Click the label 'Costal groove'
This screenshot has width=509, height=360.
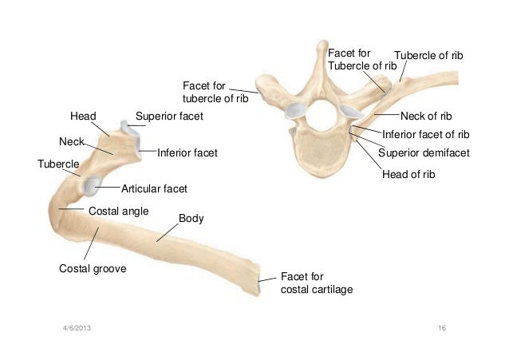[93, 269]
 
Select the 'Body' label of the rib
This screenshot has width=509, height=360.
[189, 218]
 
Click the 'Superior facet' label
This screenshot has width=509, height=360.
[169, 117]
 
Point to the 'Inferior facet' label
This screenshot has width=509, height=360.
[187, 152]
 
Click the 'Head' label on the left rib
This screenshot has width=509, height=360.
[83, 117]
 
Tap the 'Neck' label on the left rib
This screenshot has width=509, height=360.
[72, 141]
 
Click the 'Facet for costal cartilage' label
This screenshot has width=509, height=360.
[315, 283]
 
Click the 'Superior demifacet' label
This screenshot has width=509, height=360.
[424, 152]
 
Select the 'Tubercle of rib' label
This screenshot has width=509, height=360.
[429, 55]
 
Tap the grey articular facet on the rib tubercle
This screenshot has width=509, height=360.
[89, 187]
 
